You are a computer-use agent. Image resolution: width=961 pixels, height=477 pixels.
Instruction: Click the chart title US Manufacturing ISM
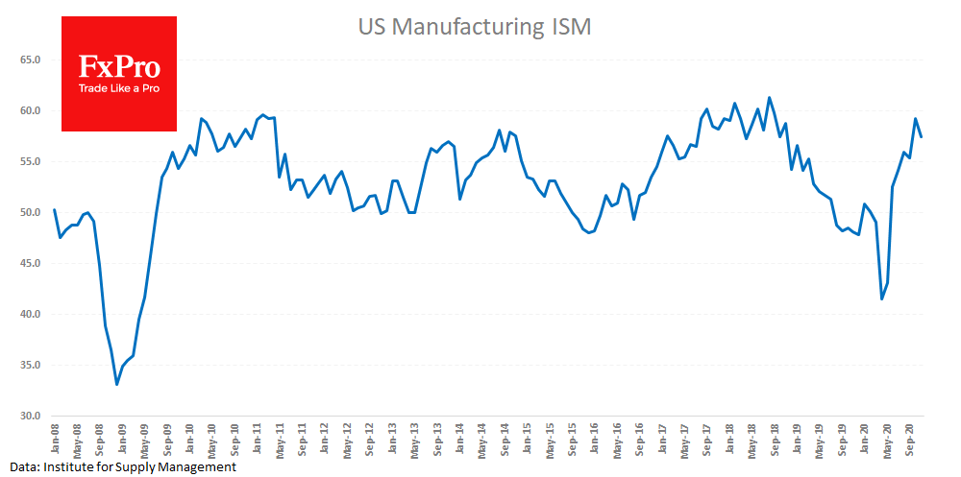pos(474,28)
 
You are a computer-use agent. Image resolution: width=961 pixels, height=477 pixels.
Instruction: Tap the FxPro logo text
pos(119,67)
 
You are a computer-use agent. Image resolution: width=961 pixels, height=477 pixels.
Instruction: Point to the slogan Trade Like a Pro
pos(119,88)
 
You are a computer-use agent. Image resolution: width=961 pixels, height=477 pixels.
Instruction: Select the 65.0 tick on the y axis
pos(29,60)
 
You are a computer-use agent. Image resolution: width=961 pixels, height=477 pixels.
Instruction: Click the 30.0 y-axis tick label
pos(29,417)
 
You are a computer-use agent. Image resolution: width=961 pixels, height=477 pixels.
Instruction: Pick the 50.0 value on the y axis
pos(29,212)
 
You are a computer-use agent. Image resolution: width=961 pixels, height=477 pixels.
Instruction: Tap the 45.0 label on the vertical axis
pos(29,263)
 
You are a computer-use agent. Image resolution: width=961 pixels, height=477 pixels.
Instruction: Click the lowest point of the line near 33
pos(117,385)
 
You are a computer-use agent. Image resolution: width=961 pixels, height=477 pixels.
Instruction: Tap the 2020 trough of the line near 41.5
pos(882,298)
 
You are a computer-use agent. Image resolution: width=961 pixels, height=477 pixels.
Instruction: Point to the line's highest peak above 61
pos(769,97)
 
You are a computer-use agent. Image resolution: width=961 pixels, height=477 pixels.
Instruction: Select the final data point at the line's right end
pos(922,136)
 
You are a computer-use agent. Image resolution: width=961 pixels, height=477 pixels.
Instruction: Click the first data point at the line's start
pos(54,209)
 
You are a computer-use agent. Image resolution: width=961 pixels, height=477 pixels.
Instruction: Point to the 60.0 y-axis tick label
pos(29,110)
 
